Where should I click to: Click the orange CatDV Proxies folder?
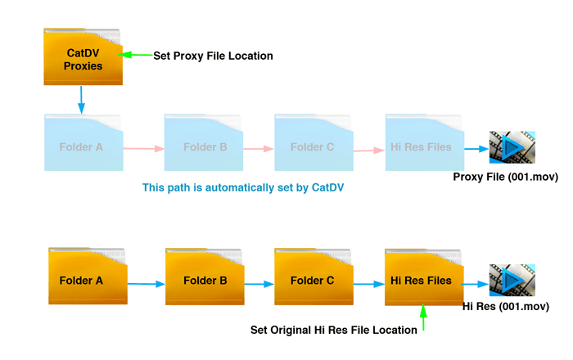[83, 58]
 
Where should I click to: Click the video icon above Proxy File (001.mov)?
[512, 148]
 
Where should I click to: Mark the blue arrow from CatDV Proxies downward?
[82, 100]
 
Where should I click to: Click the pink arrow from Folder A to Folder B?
[144, 149]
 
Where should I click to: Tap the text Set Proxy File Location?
[213, 56]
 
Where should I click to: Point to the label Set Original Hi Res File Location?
[332, 331]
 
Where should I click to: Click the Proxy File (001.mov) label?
[505, 177]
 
